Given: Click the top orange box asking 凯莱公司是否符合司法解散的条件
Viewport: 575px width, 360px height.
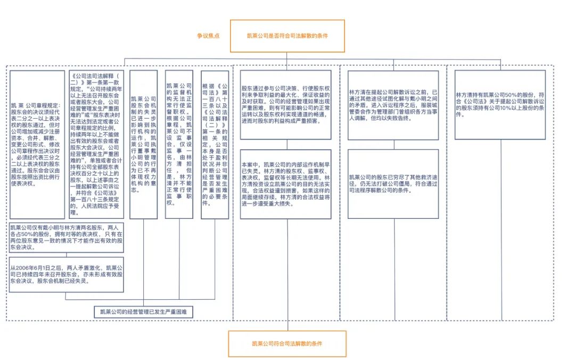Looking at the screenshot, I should (287, 36).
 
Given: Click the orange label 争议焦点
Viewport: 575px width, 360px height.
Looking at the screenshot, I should (208, 36).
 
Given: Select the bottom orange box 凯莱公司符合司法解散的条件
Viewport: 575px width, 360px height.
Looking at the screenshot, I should (287, 343).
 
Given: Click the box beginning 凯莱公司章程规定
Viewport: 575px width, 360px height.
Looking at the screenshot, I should (37, 145).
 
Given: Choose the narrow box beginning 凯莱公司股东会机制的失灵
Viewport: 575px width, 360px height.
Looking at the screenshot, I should (144, 145).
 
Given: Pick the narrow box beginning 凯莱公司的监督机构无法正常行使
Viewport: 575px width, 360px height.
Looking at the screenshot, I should (179, 145).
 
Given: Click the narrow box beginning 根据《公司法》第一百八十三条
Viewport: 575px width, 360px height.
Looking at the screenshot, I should (215, 145).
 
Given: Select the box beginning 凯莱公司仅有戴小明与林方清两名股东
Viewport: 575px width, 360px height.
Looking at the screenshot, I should (67, 237).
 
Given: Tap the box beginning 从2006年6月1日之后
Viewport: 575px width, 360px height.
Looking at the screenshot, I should (67, 274).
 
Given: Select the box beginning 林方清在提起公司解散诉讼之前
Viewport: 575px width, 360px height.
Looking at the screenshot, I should (393, 105).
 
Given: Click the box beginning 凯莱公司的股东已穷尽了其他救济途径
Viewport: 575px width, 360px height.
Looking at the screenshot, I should (393, 184).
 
